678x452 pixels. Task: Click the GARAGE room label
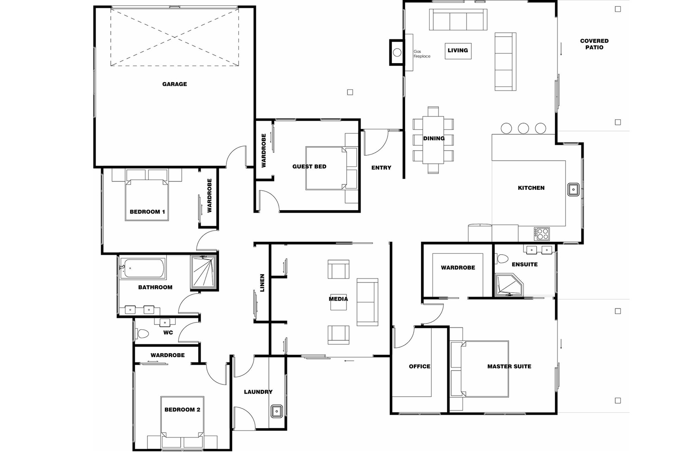174,84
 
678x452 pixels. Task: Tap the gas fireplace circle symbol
397,53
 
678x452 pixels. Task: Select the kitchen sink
573,189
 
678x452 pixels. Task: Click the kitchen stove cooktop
542,233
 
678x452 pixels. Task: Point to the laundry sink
277,411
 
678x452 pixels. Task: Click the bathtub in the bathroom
143,268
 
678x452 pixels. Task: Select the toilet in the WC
142,334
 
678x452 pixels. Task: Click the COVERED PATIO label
594,44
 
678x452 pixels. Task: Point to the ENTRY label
381,168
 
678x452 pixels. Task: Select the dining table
433,139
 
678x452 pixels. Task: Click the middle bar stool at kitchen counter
524,128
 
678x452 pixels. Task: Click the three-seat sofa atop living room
458,20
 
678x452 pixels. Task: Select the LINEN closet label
262,283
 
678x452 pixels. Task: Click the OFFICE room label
419,366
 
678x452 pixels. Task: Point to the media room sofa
367,302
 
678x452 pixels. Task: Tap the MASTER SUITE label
509,366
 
